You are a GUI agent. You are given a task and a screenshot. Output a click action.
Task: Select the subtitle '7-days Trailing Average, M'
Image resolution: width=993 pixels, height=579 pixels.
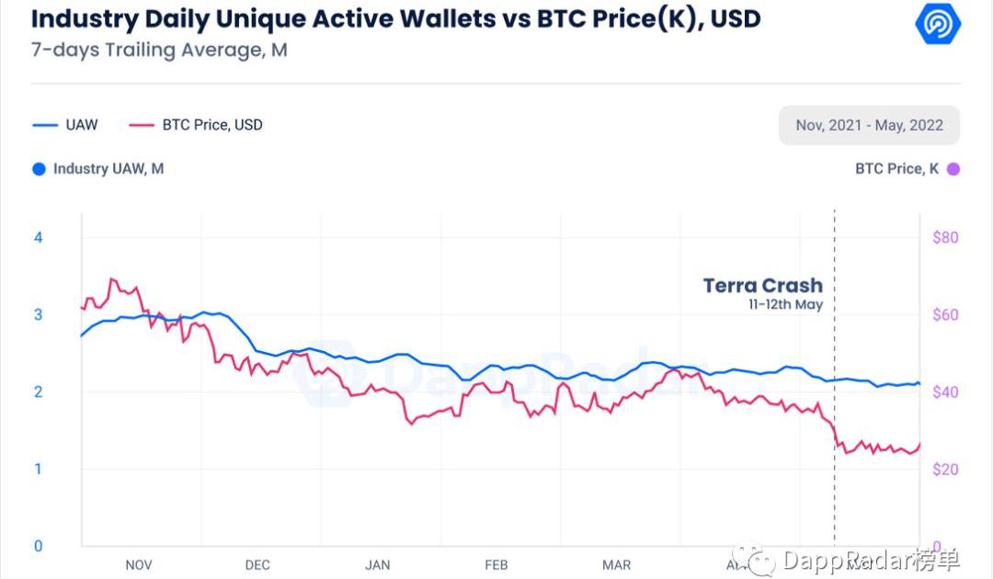pos(159,51)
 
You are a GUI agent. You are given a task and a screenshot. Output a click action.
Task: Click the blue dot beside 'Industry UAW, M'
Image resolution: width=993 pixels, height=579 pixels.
pos(39,169)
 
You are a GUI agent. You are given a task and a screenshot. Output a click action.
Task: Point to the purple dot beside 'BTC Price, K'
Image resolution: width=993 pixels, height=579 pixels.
pos(953,169)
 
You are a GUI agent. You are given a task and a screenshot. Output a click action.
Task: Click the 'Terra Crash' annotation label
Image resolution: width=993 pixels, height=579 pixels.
pos(762,286)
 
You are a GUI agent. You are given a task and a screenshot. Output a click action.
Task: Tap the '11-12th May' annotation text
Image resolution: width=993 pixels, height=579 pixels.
pos(784,305)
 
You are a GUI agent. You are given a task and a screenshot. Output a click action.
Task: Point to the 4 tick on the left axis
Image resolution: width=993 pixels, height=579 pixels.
pos(39,237)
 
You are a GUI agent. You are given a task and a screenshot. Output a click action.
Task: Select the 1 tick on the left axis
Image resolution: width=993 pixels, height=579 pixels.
pos(39,469)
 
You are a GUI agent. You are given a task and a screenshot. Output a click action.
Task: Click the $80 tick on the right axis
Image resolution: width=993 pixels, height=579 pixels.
pos(946,237)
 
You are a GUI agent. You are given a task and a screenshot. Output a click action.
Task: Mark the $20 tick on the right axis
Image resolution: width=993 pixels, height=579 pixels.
pos(946,469)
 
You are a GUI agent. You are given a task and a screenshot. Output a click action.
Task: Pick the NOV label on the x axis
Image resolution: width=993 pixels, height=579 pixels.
pos(138,565)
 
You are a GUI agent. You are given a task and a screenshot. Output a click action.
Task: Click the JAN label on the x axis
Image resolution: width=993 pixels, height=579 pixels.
pos(378,565)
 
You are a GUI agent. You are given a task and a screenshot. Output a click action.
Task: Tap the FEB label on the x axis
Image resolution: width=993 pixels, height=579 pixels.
pos(496,565)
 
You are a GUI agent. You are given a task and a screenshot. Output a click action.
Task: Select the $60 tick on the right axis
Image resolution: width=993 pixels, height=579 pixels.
pos(946,314)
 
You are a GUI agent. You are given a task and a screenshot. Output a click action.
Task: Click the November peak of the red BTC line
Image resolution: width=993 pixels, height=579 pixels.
pos(111,278)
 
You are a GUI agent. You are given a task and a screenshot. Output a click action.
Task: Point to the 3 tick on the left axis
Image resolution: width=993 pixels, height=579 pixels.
pos(39,314)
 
